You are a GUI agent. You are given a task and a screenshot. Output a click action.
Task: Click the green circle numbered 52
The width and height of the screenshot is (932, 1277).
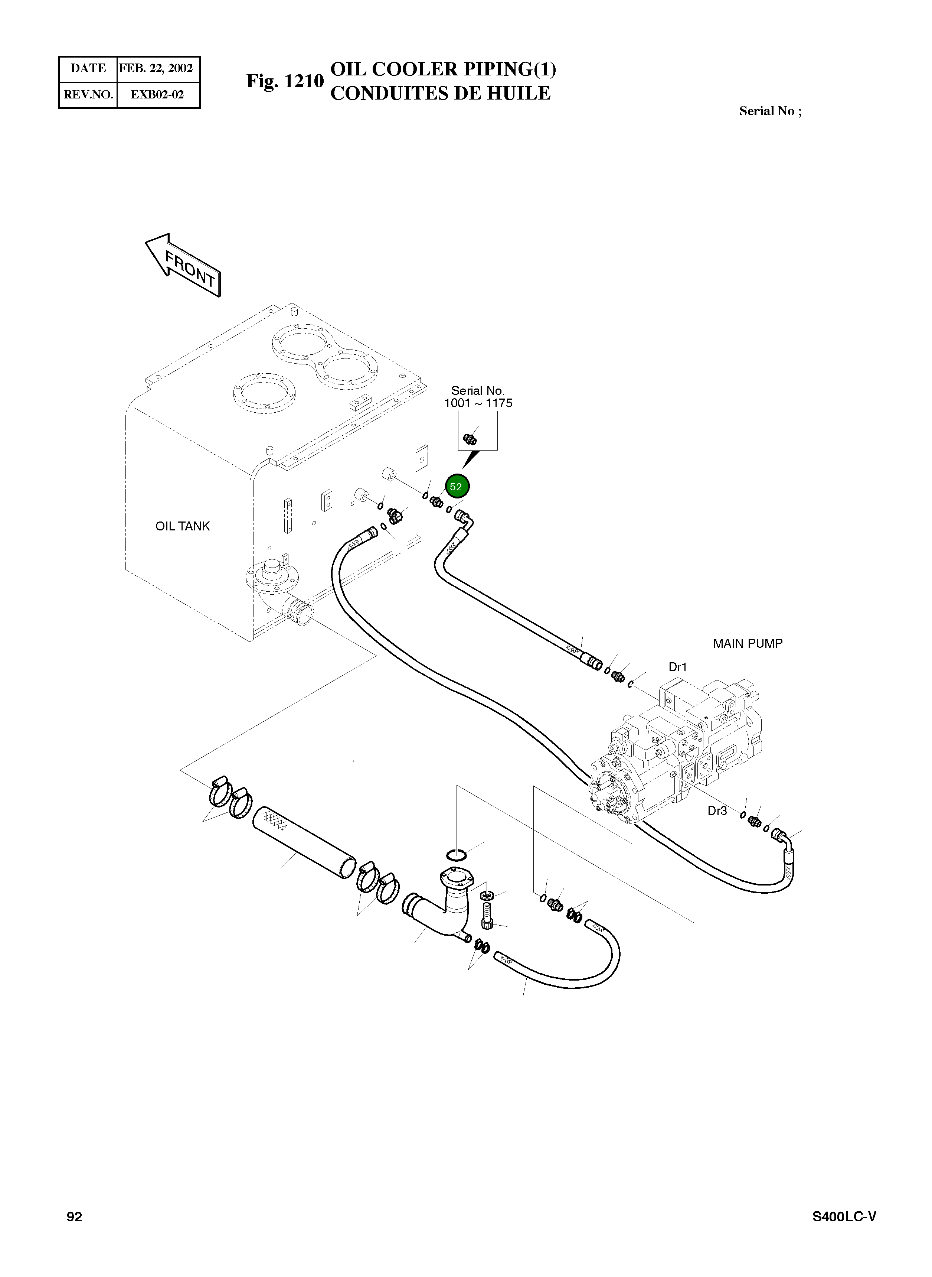tap(457, 487)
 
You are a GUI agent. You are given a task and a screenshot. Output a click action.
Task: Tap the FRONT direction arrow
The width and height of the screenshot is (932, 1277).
tap(183, 265)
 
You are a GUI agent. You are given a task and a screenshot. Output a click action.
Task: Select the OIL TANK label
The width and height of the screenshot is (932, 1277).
tap(182, 526)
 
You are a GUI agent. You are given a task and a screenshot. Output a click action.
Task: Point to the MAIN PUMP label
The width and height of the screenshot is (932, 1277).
tap(748, 644)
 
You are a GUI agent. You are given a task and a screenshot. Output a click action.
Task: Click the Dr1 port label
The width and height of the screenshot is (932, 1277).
tap(677, 667)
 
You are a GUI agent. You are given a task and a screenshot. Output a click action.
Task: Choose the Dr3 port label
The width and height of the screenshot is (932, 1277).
tap(717, 811)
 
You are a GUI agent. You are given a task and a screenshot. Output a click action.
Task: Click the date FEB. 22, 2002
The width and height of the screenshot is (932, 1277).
tap(156, 68)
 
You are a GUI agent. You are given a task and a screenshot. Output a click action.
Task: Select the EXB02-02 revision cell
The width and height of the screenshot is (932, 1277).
tap(157, 94)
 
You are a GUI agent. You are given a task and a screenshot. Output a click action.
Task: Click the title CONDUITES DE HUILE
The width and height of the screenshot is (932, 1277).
tap(440, 93)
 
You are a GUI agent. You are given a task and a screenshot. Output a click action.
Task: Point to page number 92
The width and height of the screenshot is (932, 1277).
tap(75, 1216)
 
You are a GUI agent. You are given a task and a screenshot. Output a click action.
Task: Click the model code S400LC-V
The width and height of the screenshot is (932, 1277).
tap(844, 1216)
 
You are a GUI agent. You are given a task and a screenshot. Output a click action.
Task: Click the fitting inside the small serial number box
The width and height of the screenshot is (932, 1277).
tap(470, 438)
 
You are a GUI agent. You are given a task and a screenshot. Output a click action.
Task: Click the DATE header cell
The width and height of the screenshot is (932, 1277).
tap(88, 68)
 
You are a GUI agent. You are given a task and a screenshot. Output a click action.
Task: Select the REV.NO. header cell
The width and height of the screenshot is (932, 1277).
tap(88, 94)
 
